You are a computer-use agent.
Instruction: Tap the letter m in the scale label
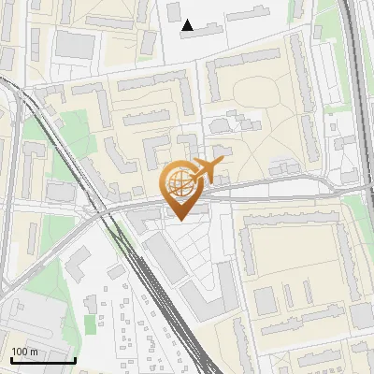tap(35, 352)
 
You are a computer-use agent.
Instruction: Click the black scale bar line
tap(42, 360)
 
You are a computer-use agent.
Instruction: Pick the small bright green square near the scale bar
tap(90, 323)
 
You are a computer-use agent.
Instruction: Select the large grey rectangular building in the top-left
tap(71, 43)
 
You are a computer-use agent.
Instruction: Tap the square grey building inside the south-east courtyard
tap(266, 299)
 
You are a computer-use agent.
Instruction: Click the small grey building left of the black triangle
tap(173, 10)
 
